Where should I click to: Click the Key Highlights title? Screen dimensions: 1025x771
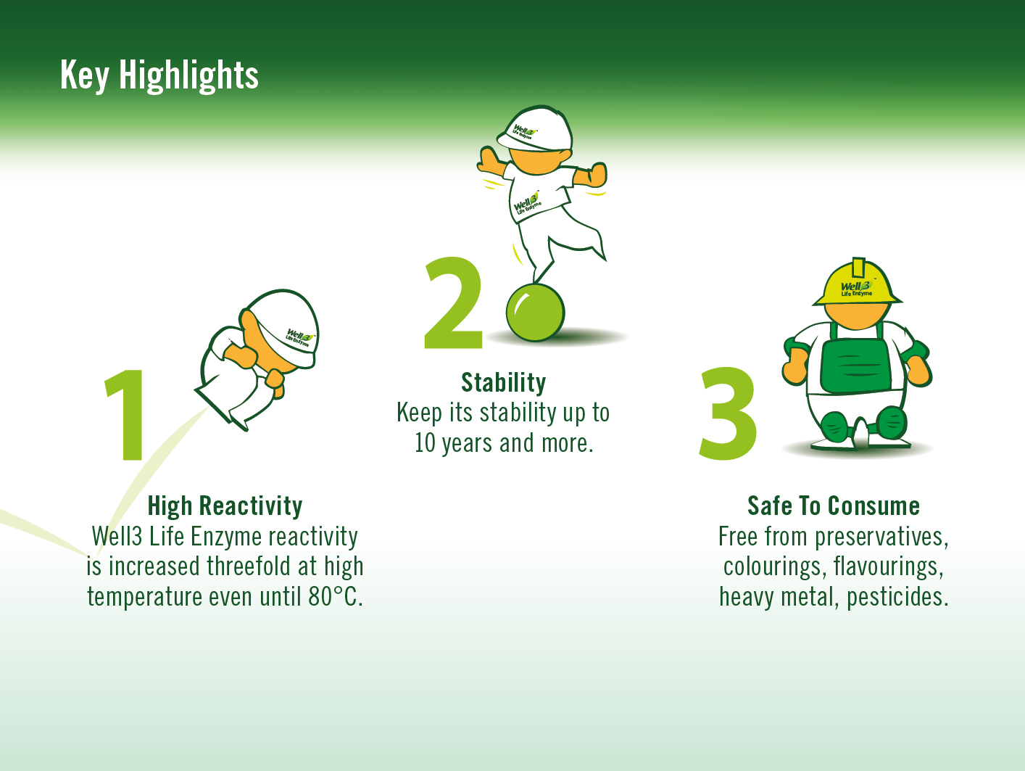[x=159, y=75]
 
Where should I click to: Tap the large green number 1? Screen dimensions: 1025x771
[x=125, y=415]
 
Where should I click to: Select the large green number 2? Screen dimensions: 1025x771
[x=452, y=302]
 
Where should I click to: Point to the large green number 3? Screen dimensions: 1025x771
[x=728, y=413]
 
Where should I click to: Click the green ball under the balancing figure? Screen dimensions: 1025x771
[x=535, y=313]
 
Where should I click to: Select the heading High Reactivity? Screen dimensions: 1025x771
[x=225, y=506]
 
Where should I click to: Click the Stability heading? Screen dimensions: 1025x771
[x=503, y=383]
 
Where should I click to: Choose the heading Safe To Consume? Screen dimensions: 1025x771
[x=834, y=506]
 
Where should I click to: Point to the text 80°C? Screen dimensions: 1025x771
[x=336, y=597]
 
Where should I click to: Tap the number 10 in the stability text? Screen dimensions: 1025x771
[x=425, y=443]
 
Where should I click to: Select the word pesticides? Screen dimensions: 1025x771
[x=897, y=597]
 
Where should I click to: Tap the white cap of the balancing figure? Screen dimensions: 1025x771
[x=535, y=129]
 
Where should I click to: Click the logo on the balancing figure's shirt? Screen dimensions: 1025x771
[x=527, y=203]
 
